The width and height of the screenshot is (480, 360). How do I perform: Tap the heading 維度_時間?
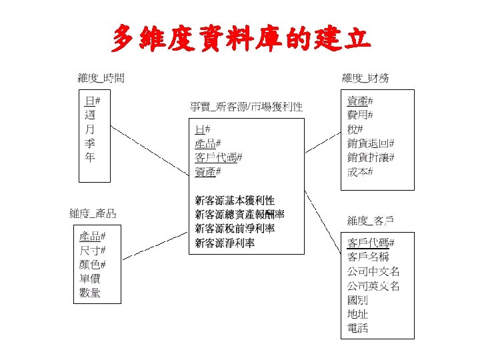[101, 77]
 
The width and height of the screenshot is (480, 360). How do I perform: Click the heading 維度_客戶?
[371, 220]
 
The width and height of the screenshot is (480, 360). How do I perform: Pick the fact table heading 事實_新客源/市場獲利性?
[246, 106]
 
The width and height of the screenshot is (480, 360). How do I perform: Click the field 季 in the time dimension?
[89, 143]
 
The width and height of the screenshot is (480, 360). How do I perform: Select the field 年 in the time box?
[89, 157]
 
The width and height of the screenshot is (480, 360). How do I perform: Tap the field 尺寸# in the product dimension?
[93, 250]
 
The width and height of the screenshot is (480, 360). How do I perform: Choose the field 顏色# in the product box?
[93, 264]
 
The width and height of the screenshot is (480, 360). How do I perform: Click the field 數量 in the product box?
[90, 293]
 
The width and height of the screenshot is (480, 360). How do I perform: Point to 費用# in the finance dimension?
[361, 115]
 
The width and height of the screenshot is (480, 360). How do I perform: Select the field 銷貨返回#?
[371, 143]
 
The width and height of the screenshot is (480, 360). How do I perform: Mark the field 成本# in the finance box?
[361, 172]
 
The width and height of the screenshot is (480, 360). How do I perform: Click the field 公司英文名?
[373, 285]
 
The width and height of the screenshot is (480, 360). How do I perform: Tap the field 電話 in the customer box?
[357, 328]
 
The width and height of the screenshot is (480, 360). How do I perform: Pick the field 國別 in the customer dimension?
[357, 299]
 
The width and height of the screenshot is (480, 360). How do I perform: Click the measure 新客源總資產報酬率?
[239, 214]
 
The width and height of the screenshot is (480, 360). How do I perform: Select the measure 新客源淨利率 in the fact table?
[225, 243]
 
